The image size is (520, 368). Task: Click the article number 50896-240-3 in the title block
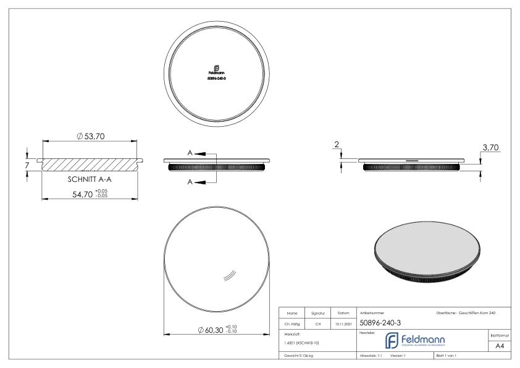tap(383, 322)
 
